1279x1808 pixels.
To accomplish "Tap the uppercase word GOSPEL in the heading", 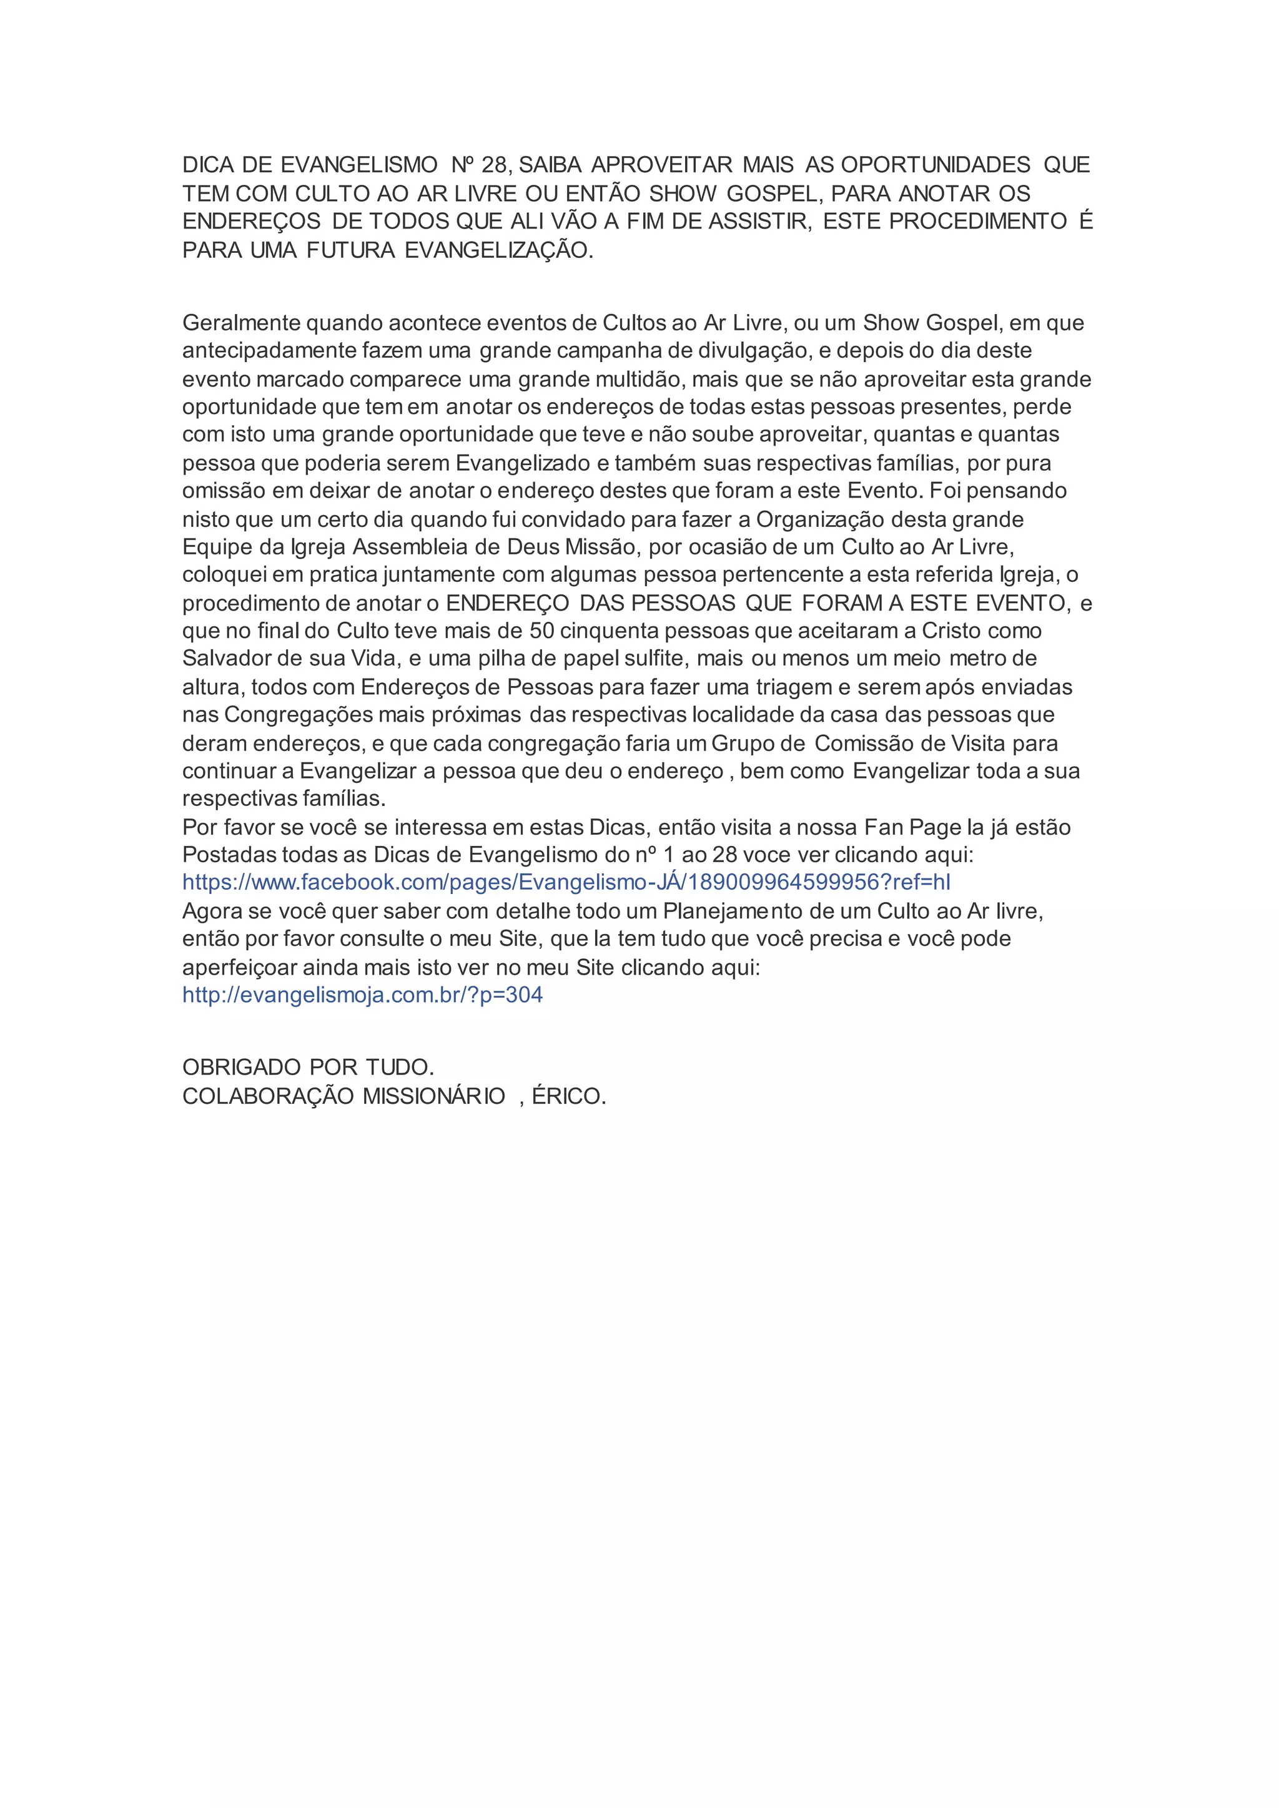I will pyautogui.click(x=773, y=194).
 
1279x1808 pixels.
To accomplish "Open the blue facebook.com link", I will pyautogui.click(x=566, y=883).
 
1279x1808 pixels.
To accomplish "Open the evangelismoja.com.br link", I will pyautogui.click(x=362, y=995).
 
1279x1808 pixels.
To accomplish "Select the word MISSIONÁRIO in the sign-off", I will pyautogui.click(x=434, y=1096).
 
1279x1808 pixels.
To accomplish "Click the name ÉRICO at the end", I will pyautogui.click(x=568, y=1096).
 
